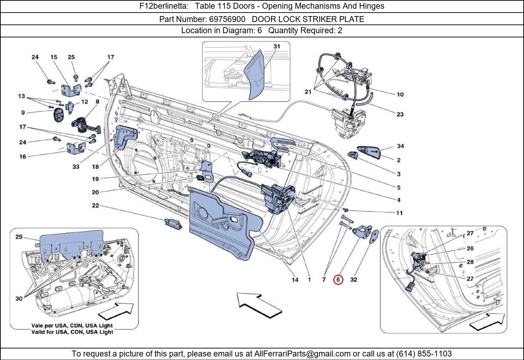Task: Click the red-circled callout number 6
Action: point(338,280)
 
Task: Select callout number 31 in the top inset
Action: point(277,46)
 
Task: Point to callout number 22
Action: point(95,206)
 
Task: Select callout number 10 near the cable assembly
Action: point(400,94)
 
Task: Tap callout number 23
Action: point(400,114)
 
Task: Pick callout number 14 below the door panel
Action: point(295,280)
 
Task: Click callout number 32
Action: point(354,280)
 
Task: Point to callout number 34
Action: point(400,146)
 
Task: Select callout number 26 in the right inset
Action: point(470,248)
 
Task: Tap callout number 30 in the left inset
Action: point(19,298)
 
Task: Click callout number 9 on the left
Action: point(23,113)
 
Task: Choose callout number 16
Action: point(23,157)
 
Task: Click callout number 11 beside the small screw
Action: point(399,213)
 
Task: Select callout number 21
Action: point(308,92)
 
